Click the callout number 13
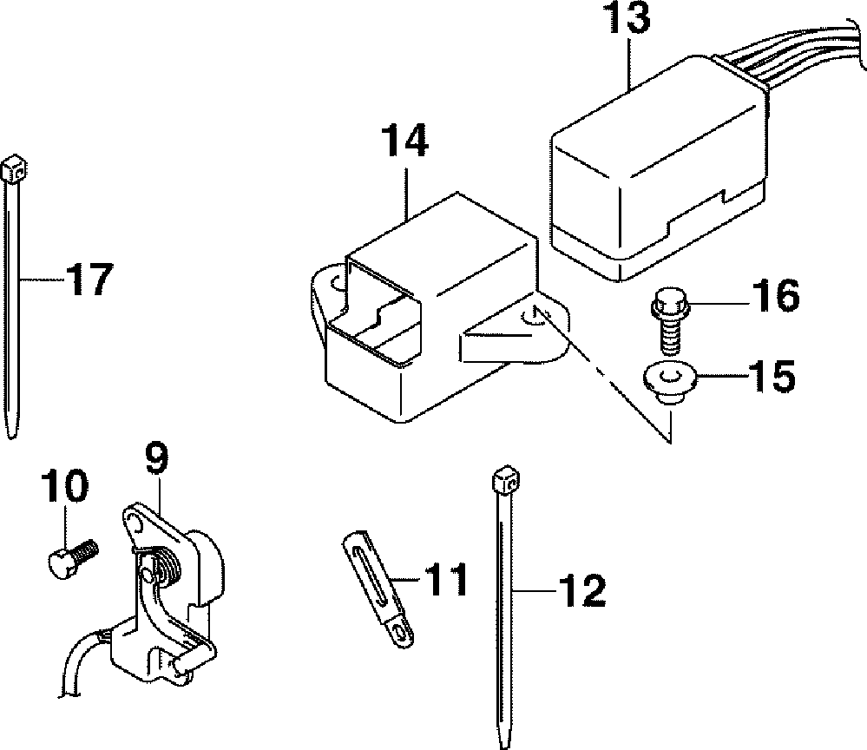tap(628, 17)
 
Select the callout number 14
tap(404, 141)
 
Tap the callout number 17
tap(89, 280)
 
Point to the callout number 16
tap(776, 296)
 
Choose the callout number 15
tap(772, 378)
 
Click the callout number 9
tap(157, 458)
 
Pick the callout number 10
tap(64, 486)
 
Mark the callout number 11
tap(446, 580)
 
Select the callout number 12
tap(582, 590)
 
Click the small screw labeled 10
tap(72, 559)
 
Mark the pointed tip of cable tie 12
tap(504, 744)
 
